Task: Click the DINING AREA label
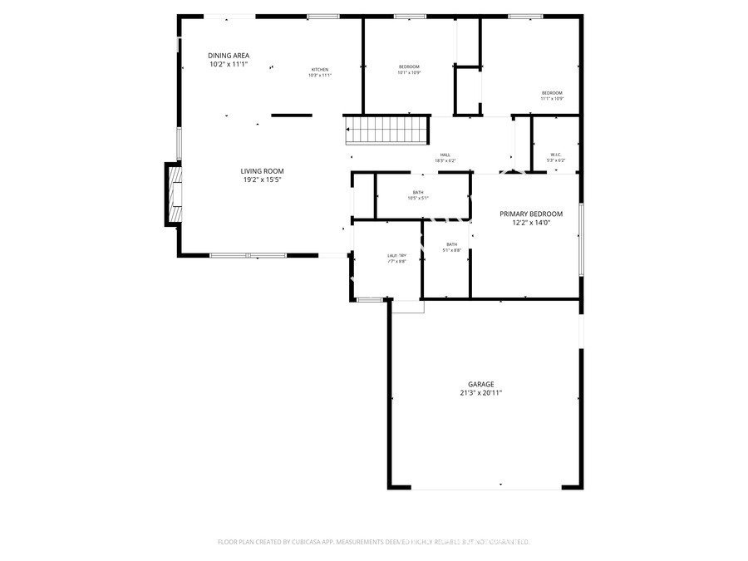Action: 229,56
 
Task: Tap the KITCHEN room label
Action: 320,69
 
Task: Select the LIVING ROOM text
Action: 263,171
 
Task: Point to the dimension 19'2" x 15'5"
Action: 263,180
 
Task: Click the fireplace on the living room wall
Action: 173,194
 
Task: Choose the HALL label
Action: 445,155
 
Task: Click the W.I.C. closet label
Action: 556,155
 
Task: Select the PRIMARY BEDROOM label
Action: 531,214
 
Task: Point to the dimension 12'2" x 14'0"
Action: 531,223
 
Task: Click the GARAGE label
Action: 480,384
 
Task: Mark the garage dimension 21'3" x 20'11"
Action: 480,393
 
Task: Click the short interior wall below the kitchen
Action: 292,116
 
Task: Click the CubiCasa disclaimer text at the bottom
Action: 374,542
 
